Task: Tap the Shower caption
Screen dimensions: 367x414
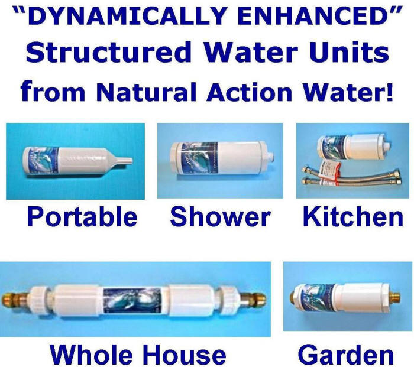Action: (x=220, y=217)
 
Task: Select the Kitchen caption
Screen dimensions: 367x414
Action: (x=353, y=217)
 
